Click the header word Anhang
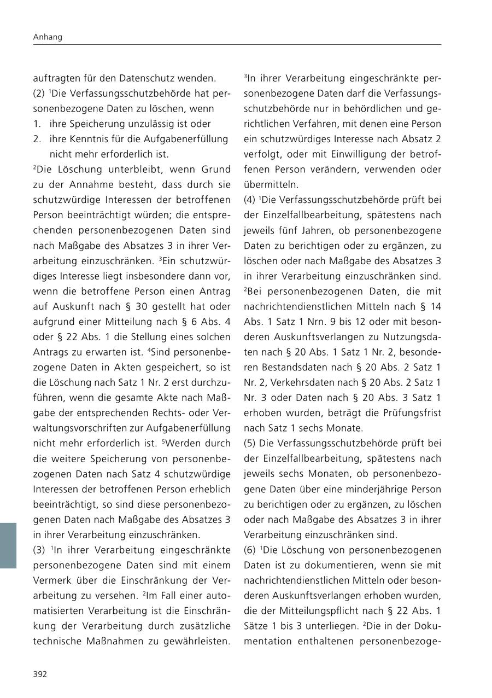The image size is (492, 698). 48,37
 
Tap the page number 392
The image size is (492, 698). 40,674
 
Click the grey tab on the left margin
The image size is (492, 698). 8,545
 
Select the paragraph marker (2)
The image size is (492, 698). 40,94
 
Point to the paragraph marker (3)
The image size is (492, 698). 40,550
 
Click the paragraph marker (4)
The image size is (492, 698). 250,200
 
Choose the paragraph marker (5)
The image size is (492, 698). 250,443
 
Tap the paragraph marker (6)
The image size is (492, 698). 250,550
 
